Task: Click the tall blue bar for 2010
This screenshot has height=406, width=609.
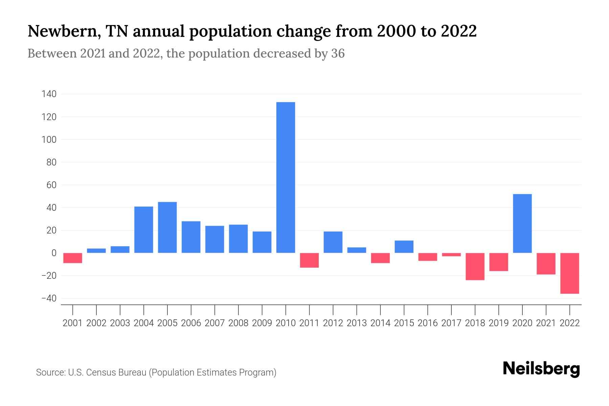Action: point(286,177)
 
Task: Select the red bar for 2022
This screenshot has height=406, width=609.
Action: point(569,273)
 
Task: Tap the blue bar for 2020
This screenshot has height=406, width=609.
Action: point(522,223)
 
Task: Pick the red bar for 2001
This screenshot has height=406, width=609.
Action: point(73,258)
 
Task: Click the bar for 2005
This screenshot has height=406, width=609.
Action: point(167,227)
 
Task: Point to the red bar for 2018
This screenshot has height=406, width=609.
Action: point(475,266)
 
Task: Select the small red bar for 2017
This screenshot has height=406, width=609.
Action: point(451,254)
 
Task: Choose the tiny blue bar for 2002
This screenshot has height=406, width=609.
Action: point(96,251)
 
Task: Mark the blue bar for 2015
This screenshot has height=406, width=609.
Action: point(404,247)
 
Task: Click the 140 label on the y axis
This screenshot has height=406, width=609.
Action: point(49,94)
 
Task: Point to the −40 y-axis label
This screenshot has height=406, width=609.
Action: point(49,298)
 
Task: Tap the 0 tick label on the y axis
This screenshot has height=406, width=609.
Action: point(54,253)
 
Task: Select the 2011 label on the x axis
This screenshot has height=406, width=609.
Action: point(309,323)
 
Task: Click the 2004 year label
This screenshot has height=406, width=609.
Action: point(143,323)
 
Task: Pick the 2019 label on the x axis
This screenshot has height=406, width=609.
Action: point(498,323)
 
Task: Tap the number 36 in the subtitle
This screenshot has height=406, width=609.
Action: point(338,53)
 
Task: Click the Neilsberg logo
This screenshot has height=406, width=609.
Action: point(541,369)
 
